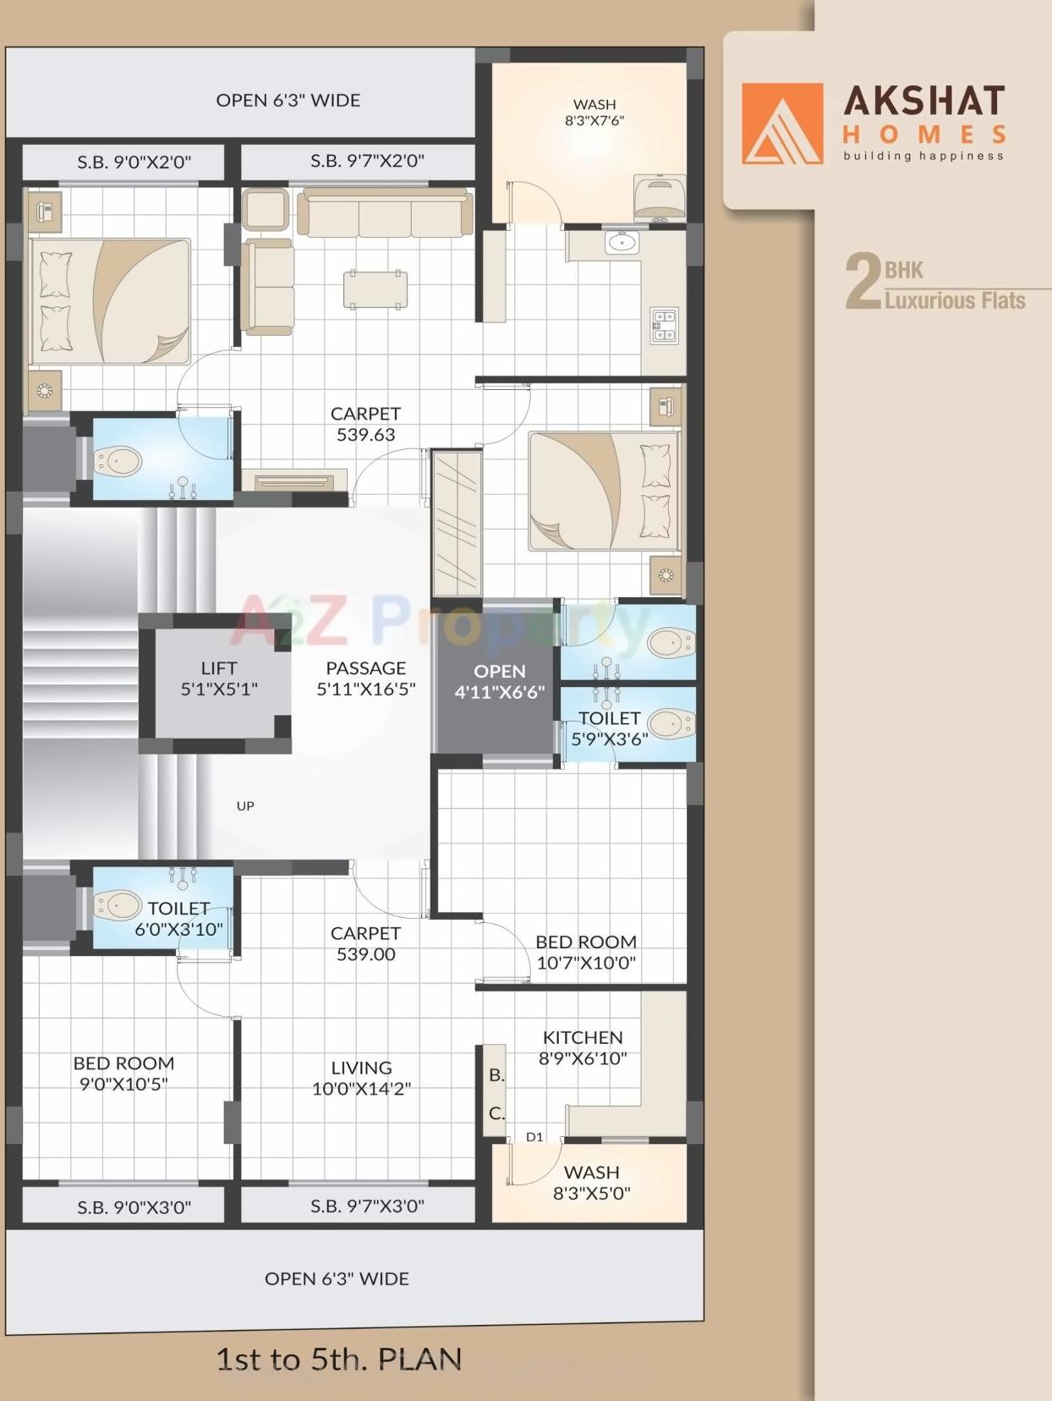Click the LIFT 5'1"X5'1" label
coord(219,679)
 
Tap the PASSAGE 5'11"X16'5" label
coord(365,679)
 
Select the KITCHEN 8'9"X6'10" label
coord(583,1047)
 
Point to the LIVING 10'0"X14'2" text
coord(361,1078)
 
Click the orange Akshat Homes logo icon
coord(782,124)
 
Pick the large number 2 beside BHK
coord(863,282)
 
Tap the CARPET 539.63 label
coord(365,424)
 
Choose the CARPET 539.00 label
coord(365,943)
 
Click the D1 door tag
coord(534,1137)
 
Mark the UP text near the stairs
coord(245,806)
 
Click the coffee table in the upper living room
coord(375,289)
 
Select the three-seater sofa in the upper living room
coord(385,213)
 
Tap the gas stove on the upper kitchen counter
coord(664,326)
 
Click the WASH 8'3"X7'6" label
coord(594,113)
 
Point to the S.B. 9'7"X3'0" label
coord(367,1206)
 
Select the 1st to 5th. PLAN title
coord(338,1360)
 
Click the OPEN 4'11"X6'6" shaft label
coord(499,681)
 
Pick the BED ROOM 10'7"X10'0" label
coord(586,952)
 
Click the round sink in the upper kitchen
coord(622,244)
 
